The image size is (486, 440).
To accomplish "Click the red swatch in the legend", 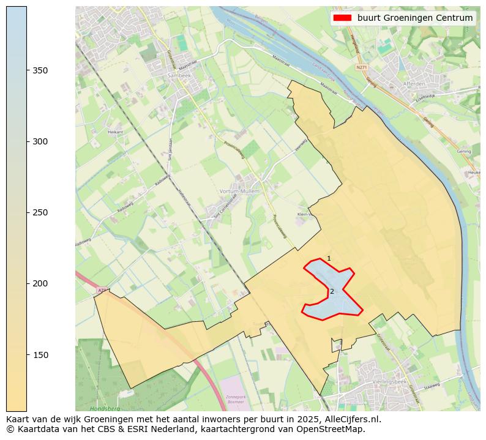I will [x=342, y=18].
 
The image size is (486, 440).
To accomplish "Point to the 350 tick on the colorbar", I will [x=27, y=70].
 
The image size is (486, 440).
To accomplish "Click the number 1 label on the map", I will [x=329, y=259].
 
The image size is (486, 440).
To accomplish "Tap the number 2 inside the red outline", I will [x=332, y=291].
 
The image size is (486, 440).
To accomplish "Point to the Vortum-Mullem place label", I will [x=239, y=192].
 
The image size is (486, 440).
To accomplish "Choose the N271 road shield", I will [x=362, y=67].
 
